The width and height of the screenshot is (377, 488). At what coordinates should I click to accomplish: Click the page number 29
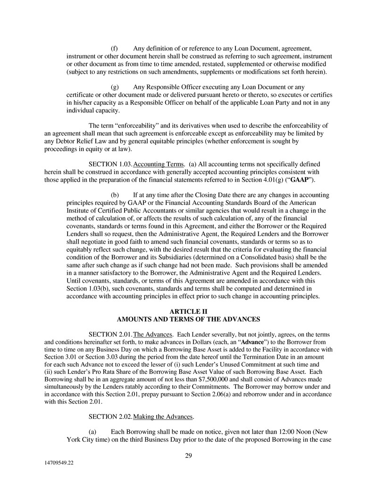[x=188, y=455]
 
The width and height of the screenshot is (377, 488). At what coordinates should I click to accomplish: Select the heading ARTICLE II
[x=188, y=311]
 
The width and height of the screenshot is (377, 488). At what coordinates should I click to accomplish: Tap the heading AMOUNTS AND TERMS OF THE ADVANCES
[x=188, y=320]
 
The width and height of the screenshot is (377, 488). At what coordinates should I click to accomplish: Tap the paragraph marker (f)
[x=115, y=48]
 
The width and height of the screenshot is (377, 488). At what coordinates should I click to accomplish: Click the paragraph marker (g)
[x=115, y=87]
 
